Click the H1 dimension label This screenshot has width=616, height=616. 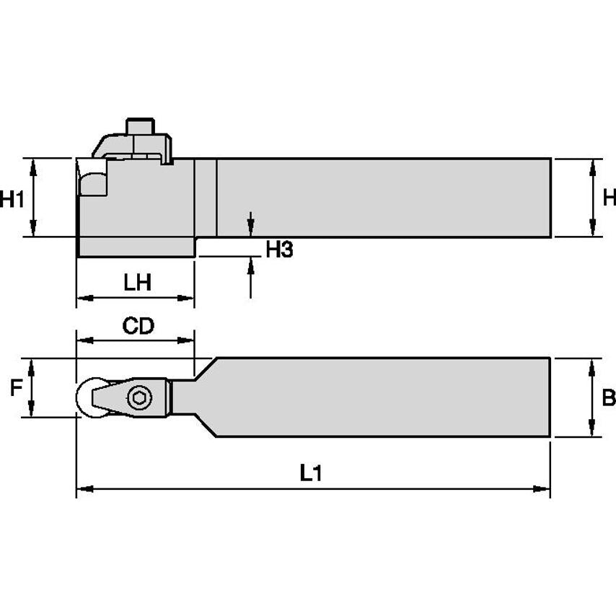pos(12,198)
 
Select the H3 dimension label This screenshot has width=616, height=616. pos(279,250)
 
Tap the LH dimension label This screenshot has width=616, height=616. pos(137,282)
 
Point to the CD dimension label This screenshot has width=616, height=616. pos(138,326)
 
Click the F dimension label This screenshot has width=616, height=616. pos(15,390)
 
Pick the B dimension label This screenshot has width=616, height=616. pos(608,397)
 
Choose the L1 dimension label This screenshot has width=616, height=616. pos(311,473)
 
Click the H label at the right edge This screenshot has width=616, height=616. pos(609,198)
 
